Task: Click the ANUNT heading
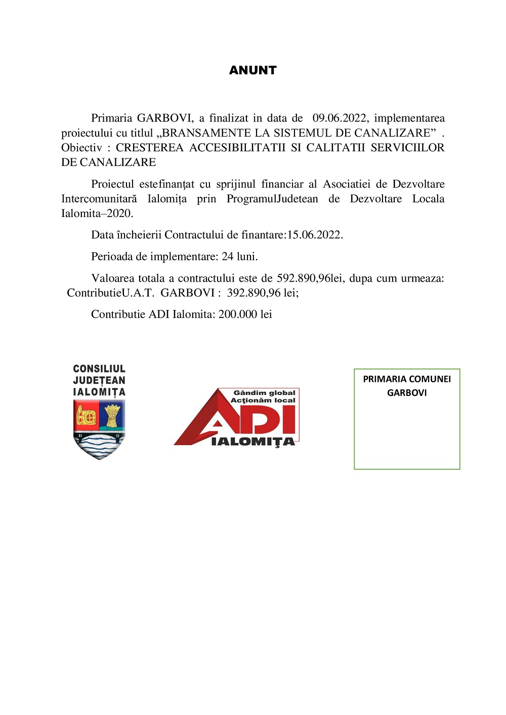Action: (252, 70)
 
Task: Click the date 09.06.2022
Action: (339, 118)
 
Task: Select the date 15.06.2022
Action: (314, 235)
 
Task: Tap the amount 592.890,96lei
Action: (310, 279)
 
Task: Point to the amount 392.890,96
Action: (254, 293)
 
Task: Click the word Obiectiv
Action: (81, 148)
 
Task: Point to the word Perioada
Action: (112, 257)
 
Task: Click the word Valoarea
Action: (113, 279)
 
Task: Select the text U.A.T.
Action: (138, 293)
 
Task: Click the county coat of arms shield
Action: (99, 429)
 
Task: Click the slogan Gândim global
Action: (264, 393)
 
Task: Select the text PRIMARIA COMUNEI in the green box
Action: (407, 379)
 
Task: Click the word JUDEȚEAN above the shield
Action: (99, 380)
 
